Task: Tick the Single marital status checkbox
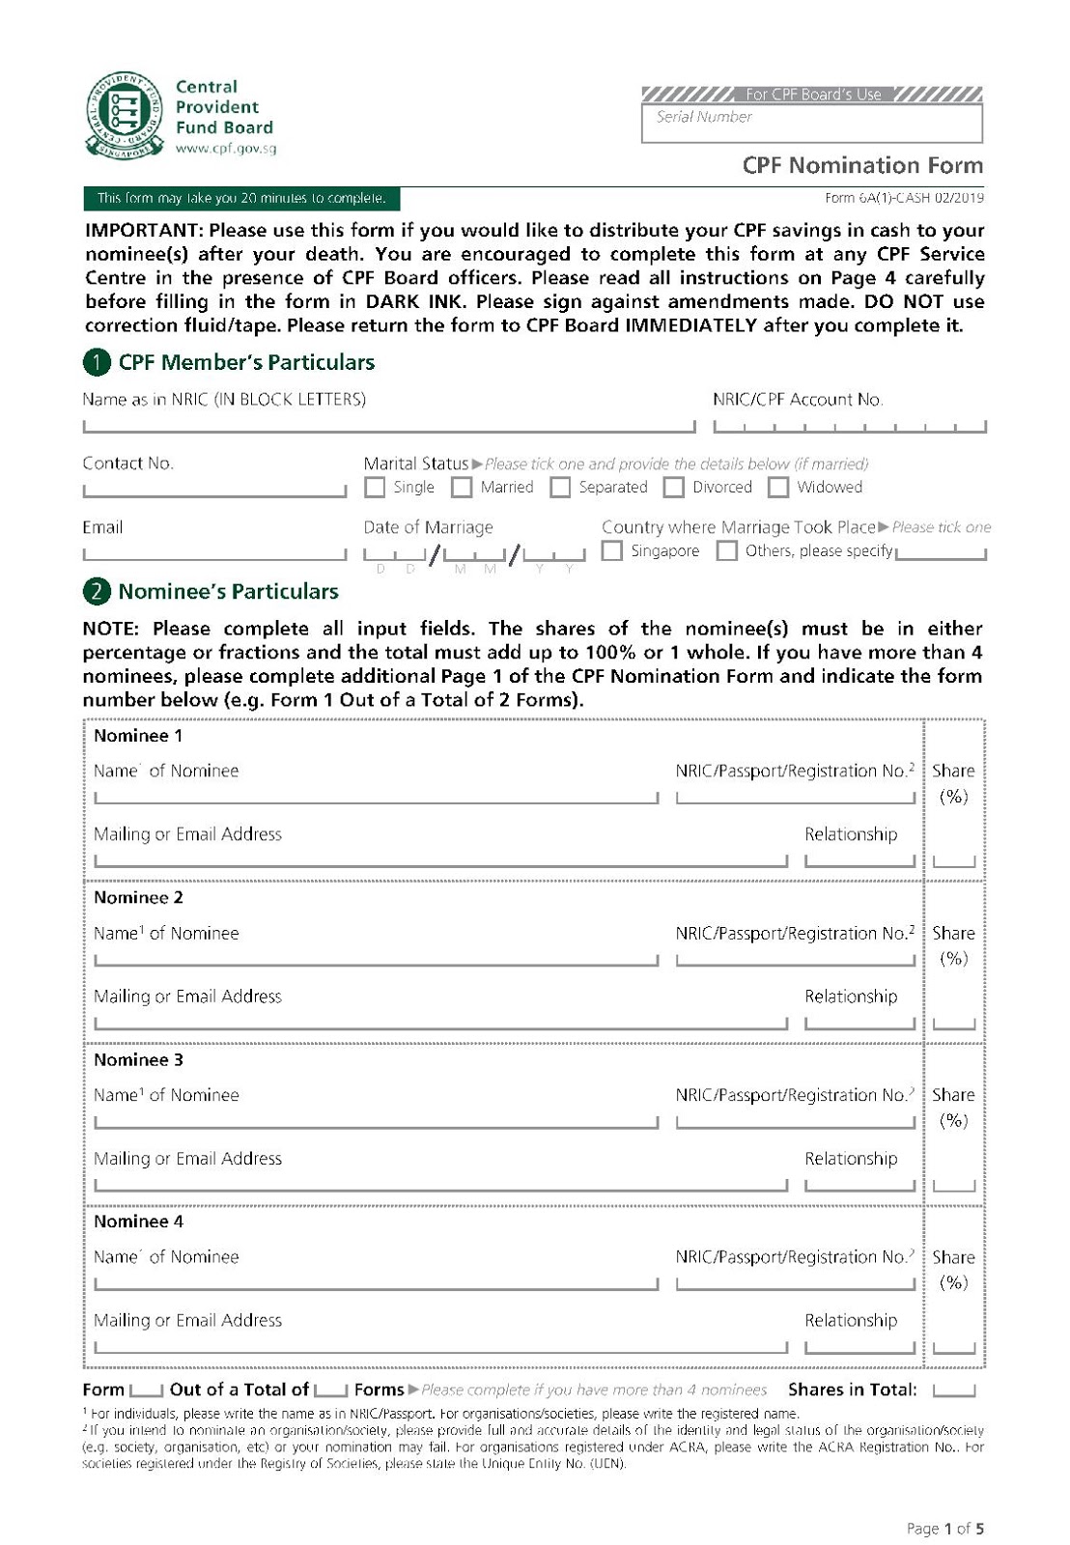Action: point(375,488)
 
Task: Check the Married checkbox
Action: point(462,488)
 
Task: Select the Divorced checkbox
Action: point(674,488)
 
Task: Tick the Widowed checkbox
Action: point(778,488)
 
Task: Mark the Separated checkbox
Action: point(560,488)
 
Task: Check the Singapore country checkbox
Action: point(611,551)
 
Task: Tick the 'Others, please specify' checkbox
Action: point(727,551)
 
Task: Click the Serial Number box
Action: point(811,123)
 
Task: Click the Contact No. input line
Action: point(214,489)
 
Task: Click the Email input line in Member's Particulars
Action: point(214,552)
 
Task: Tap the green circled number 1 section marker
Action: point(97,363)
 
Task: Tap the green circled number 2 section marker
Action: point(97,592)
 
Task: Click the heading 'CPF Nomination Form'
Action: point(862,165)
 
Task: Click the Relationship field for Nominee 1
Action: point(859,857)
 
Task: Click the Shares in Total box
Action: point(954,1390)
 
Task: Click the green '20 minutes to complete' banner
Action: point(241,199)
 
